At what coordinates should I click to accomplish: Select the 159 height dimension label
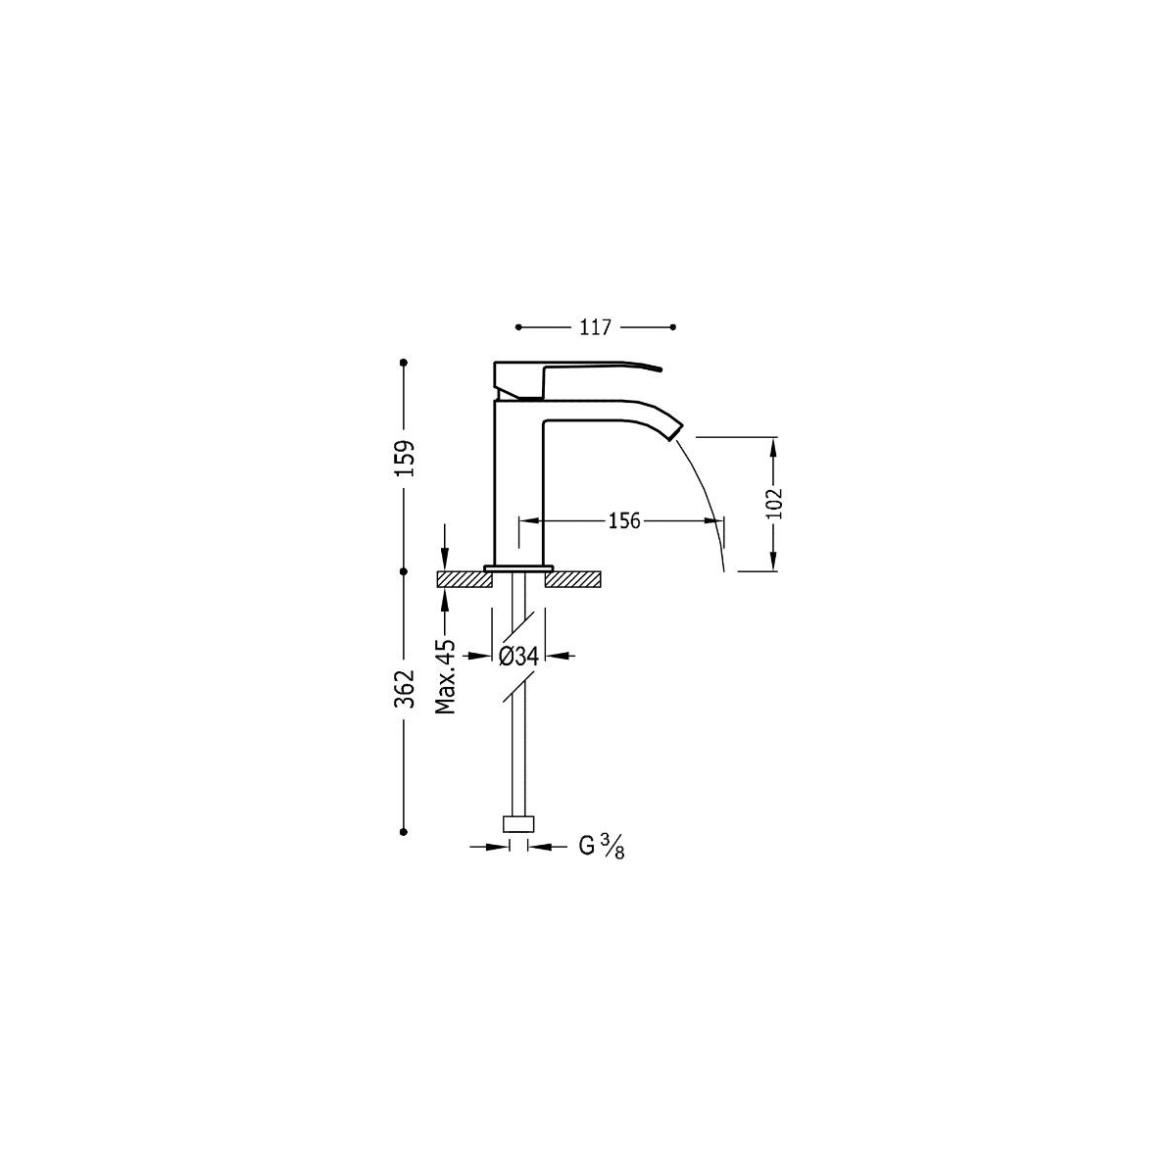406,458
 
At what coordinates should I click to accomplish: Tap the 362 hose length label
406,688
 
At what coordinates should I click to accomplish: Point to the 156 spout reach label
622,520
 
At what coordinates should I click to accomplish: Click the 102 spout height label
774,503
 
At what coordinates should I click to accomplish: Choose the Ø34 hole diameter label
518,656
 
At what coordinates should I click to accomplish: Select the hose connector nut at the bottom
518,823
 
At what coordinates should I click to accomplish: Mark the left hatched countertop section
464,580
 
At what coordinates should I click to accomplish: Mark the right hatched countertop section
572,580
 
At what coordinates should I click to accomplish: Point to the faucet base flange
518,567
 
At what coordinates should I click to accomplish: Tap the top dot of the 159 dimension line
404,364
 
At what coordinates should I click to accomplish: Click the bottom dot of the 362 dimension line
404,831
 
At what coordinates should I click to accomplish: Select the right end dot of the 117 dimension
674,326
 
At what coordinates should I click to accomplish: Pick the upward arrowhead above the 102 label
774,445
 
